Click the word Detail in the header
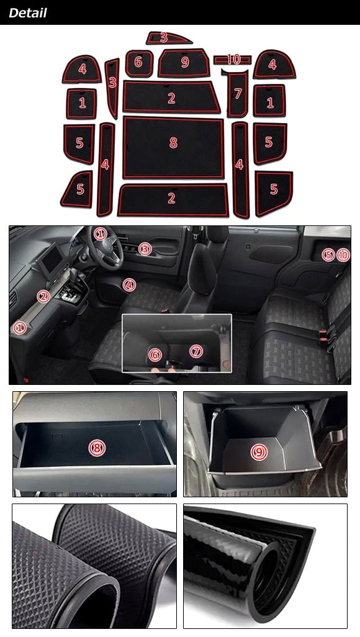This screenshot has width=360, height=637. coord(28,13)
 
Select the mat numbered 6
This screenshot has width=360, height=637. coord(139,63)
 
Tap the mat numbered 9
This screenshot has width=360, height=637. coord(184,63)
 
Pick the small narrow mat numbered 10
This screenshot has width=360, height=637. coord(232,60)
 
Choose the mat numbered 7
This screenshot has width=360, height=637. coord(238,94)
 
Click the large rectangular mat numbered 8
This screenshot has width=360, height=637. coord(173,148)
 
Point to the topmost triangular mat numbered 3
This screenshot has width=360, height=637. coord(168,38)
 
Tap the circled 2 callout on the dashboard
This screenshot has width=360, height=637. coord(43,297)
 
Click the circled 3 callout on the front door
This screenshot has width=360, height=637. coord(145,248)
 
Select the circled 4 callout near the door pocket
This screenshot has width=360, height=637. coord(129,285)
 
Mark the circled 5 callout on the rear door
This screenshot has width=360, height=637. coord(328,255)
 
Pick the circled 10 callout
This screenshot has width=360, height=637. coord(343,255)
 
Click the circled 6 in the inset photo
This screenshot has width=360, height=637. coord(155,355)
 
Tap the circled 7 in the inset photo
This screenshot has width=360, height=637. coord(196,351)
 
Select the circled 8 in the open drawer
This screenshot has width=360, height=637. coord(97,448)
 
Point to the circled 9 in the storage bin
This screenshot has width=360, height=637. coord(258,451)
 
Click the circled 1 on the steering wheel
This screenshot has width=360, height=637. coord(100,234)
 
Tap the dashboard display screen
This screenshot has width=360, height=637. coord(52,258)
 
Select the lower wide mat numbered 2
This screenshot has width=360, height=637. coord(173,201)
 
